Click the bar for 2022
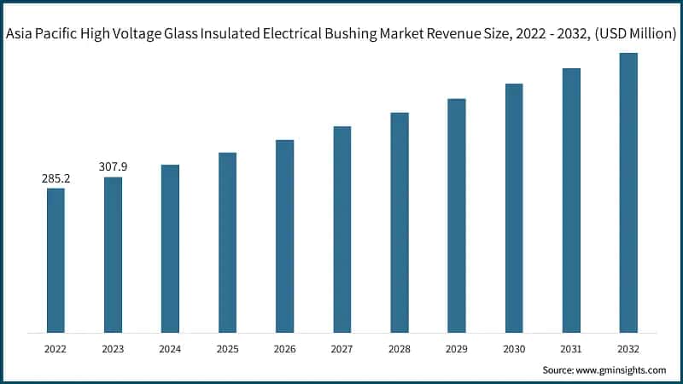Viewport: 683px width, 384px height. pyautogui.click(x=55, y=260)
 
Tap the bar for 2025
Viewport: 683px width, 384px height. pyautogui.click(x=227, y=242)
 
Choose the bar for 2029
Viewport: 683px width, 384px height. pyautogui.click(x=457, y=215)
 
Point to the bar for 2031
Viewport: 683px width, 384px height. pyautogui.click(x=571, y=200)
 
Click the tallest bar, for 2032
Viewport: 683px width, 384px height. pyautogui.click(x=628, y=192)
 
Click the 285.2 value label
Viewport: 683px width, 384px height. pyautogui.click(x=55, y=179)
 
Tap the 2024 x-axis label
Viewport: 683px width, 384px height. pyautogui.click(x=170, y=348)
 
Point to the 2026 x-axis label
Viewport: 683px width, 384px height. pyautogui.click(x=284, y=348)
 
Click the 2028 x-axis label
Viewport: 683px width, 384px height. pyautogui.click(x=400, y=348)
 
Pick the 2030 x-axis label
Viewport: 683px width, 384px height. pyautogui.click(x=514, y=348)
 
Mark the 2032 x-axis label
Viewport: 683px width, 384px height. pyautogui.click(x=628, y=348)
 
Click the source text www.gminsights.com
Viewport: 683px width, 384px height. pyautogui.click(x=622, y=369)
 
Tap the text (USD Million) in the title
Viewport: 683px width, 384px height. pyautogui.click(x=633, y=35)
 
